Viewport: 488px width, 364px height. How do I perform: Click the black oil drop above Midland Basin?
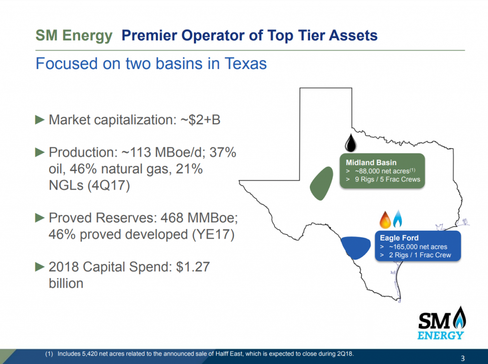pyautogui.click(x=350, y=142)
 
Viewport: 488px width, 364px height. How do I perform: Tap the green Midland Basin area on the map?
pyautogui.click(x=320, y=182)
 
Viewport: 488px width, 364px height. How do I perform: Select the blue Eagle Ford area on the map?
pyautogui.click(x=358, y=246)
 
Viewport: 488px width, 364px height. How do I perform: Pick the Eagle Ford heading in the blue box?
pyautogui.click(x=399, y=238)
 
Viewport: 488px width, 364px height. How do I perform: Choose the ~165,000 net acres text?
pyautogui.click(x=417, y=247)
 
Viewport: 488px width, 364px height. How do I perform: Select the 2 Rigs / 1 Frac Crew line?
pyautogui.click(x=419, y=255)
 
